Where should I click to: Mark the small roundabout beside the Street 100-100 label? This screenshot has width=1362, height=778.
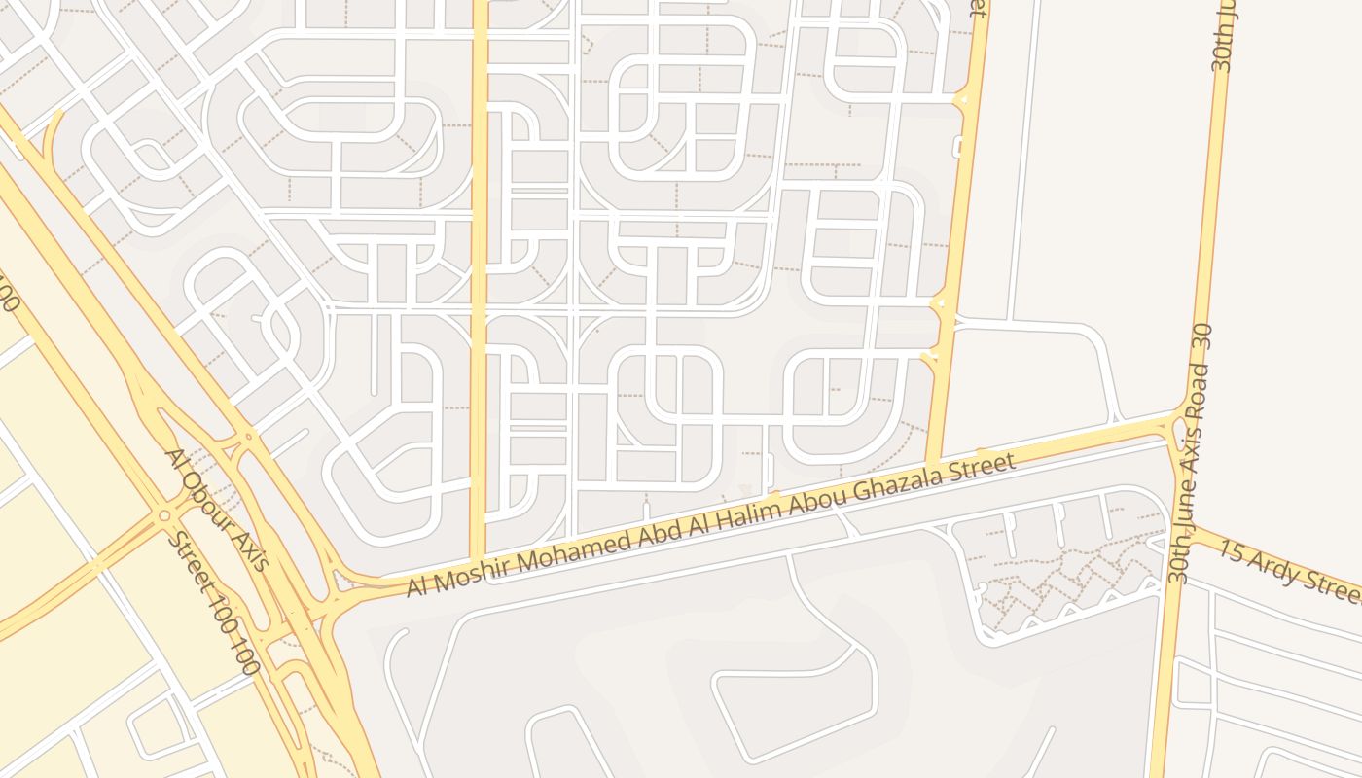[164, 515]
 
